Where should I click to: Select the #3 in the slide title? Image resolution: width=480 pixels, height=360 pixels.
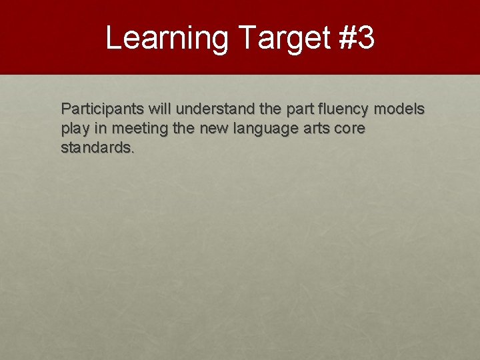[357, 38]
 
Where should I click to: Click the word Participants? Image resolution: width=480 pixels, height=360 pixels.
[99, 109]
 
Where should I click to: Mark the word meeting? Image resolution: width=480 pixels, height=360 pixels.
[138, 128]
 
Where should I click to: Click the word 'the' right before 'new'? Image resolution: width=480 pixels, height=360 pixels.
[184, 128]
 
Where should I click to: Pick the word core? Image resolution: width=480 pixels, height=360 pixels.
[349, 128]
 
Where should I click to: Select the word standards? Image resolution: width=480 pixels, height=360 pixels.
[96, 147]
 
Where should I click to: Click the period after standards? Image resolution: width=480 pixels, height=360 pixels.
[133, 151]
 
